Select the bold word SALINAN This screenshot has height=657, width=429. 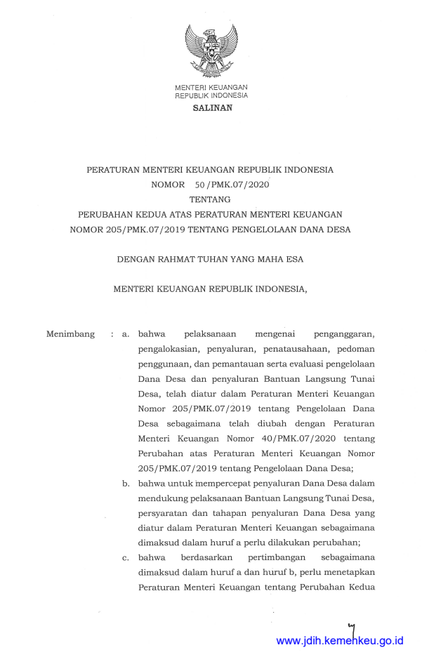(211, 108)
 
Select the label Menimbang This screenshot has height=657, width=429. (70, 334)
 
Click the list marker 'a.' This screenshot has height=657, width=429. (126, 334)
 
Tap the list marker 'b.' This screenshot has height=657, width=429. (126, 483)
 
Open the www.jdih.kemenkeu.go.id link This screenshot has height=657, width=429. (339, 640)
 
